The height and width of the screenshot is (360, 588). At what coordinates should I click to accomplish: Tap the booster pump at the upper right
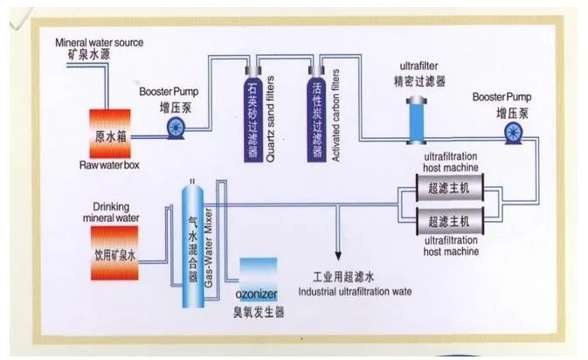[514, 134]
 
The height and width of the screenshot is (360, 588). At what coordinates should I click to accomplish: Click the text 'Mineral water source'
[99, 42]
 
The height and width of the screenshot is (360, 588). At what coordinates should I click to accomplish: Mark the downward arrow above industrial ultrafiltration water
[336, 250]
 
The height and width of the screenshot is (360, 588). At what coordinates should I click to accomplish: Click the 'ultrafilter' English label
[419, 66]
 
